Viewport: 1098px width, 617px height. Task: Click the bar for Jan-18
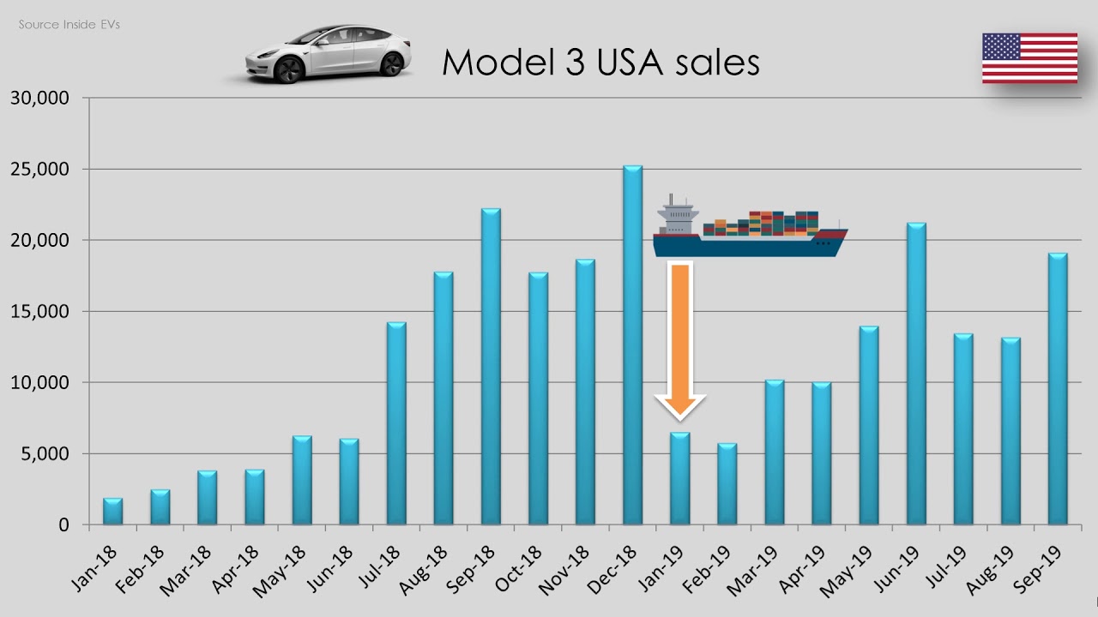[112, 512]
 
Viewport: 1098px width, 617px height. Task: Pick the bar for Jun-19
[916, 374]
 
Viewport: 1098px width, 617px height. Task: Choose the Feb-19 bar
[727, 484]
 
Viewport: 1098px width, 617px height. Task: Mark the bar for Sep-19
[1058, 389]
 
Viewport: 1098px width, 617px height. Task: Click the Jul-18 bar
[396, 423]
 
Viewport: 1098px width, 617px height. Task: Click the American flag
[1029, 58]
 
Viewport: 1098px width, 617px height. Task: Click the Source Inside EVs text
[69, 25]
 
